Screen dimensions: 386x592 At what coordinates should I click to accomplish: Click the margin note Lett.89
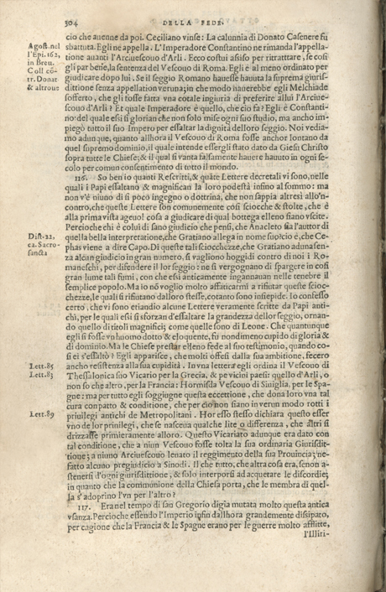[x=41, y=414]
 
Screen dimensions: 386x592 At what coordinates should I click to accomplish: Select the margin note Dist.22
[x=41, y=237]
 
